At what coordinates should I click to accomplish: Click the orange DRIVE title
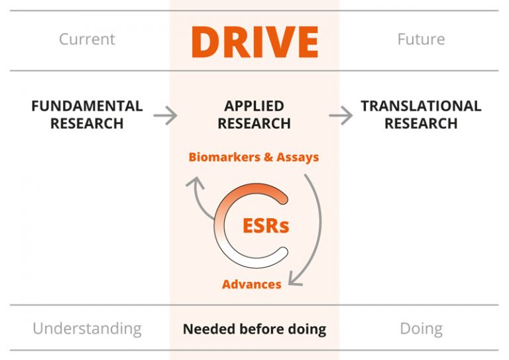click(254, 40)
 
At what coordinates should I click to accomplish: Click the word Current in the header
click(87, 39)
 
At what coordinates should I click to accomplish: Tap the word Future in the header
click(421, 39)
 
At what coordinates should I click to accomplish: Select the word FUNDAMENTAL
click(87, 106)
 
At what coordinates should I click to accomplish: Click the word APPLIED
click(254, 106)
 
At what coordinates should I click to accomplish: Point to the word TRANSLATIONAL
click(421, 106)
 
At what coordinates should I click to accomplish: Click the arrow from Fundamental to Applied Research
click(165, 115)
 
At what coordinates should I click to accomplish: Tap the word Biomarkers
click(221, 157)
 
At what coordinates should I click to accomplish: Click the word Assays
click(298, 157)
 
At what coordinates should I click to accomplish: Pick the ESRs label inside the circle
click(265, 225)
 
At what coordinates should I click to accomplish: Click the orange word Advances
click(251, 284)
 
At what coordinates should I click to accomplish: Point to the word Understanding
click(87, 328)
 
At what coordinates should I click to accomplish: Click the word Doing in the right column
click(421, 328)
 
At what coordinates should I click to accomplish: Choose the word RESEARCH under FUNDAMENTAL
click(87, 123)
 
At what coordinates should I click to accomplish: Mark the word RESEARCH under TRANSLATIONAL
click(421, 123)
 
